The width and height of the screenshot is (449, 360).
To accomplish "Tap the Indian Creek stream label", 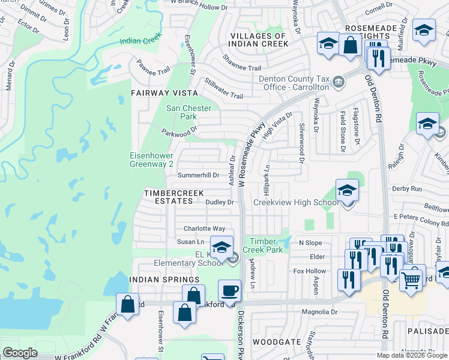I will [x=141, y=41].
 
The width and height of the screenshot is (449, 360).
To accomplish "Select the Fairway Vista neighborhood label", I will [x=164, y=93].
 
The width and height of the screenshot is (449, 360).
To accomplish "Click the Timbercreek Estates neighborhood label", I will [x=173, y=197].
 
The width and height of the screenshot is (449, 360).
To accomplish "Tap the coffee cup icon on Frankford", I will [x=229, y=291].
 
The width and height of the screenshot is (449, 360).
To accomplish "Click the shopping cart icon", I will [x=411, y=278].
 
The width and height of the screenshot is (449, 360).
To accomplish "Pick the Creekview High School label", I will [x=296, y=203].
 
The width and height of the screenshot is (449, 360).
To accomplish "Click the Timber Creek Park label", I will [x=262, y=245].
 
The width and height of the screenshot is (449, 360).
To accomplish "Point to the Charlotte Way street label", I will [x=204, y=229].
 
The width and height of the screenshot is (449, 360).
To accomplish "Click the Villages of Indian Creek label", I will [x=258, y=40].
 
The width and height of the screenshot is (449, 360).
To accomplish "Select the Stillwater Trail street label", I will [x=224, y=88].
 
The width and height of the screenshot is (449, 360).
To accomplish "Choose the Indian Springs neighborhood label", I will [x=163, y=280].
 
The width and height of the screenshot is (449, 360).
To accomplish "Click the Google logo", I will [x=20, y=353].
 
